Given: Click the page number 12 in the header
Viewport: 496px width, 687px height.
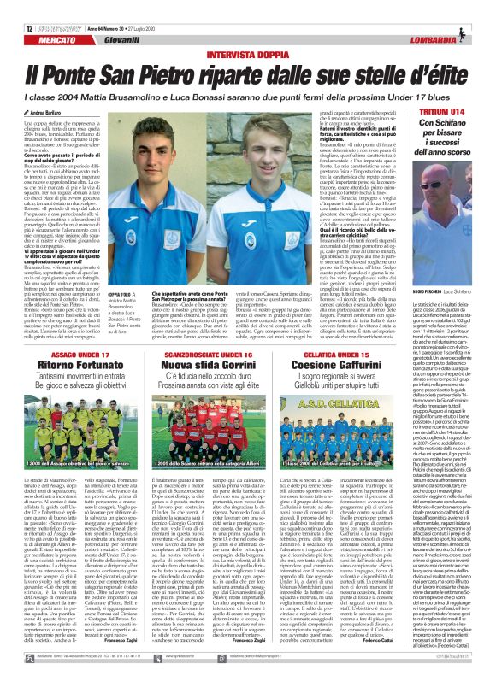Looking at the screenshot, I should click(x=17, y=7).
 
